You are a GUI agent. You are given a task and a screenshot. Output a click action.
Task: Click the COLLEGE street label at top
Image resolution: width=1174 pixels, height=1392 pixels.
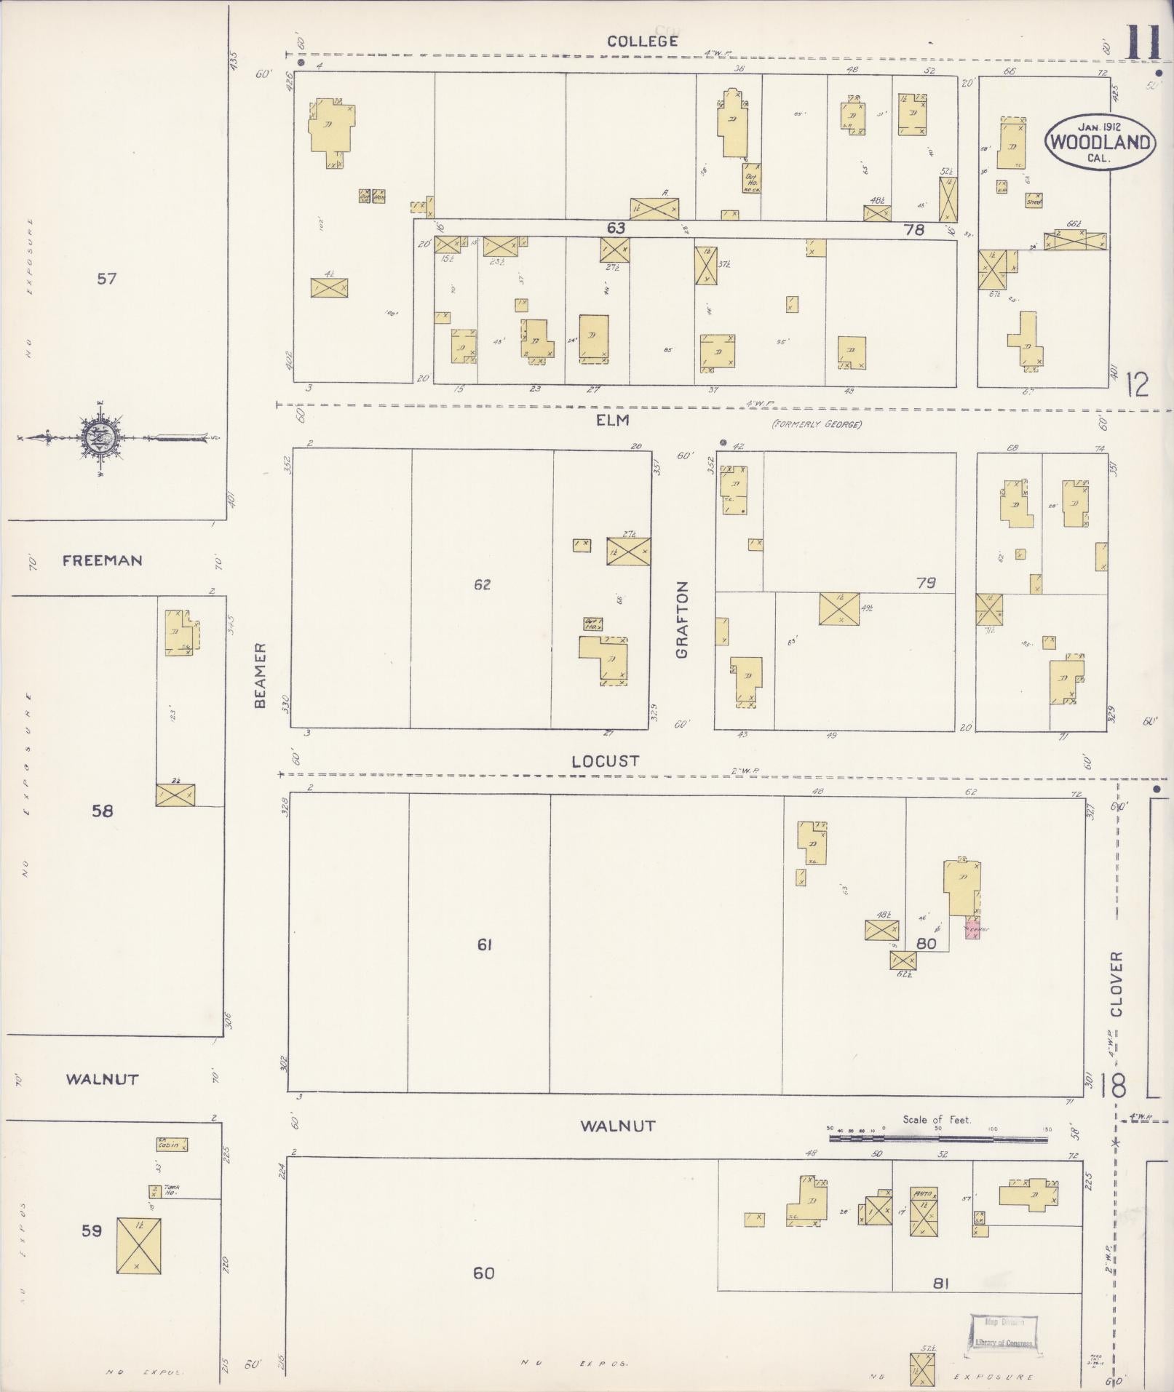tap(643, 41)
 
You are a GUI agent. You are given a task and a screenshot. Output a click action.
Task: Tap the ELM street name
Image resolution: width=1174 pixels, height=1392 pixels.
tap(612, 421)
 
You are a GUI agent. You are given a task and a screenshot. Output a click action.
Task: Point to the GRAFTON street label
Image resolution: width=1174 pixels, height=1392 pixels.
tap(682, 620)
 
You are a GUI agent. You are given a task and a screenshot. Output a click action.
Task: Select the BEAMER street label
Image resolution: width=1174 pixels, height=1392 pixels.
tap(261, 675)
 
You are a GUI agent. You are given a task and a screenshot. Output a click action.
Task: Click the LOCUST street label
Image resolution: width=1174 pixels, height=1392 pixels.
tap(605, 761)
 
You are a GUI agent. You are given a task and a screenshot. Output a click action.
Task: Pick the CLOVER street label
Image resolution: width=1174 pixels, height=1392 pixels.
tap(1117, 984)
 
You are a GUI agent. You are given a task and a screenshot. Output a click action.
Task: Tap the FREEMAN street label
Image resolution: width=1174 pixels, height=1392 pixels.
tap(102, 560)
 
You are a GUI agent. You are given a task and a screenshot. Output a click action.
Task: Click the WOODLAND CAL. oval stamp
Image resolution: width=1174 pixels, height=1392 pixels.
tap(1100, 141)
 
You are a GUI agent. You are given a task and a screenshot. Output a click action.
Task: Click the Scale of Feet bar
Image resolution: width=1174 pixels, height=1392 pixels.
tap(937, 1138)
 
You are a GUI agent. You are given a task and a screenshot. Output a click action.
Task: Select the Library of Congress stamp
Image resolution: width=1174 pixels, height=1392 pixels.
tap(1004, 1333)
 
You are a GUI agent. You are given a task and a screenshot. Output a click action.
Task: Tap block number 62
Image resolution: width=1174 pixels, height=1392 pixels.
tap(482, 584)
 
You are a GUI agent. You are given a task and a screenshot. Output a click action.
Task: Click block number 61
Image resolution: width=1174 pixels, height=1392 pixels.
tap(485, 944)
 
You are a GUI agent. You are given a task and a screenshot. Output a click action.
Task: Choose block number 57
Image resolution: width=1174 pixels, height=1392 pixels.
tap(107, 278)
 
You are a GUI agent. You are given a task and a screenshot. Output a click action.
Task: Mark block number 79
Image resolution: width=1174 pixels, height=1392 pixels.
tap(926, 583)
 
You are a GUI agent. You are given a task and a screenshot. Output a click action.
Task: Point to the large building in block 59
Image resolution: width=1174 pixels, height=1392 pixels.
tap(138, 1245)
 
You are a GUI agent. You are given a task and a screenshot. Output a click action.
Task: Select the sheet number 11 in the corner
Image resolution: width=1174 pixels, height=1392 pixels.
tap(1143, 44)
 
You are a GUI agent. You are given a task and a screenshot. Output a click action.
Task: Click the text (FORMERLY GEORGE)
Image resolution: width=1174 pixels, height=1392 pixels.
tap(817, 424)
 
